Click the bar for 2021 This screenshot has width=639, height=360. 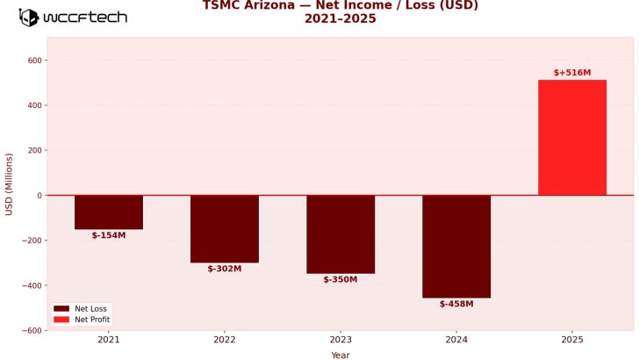(x=109, y=212)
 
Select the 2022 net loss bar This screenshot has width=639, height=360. (x=225, y=228)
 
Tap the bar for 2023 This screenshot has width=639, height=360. (x=341, y=234)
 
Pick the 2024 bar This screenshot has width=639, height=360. (x=456, y=246)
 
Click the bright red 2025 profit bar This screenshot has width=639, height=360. (x=572, y=137)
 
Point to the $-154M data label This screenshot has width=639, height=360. (x=109, y=235)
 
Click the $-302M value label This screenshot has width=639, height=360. (x=225, y=269)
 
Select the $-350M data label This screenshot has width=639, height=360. (x=341, y=279)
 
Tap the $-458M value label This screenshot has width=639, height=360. (x=456, y=304)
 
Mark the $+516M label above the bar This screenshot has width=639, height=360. (x=572, y=73)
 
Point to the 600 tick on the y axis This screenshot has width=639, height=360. (x=35, y=61)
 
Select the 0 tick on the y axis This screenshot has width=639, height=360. (x=39, y=195)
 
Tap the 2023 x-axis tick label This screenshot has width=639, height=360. (x=341, y=339)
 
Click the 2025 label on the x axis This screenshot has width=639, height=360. (x=572, y=339)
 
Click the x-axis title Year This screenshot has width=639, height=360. (x=341, y=355)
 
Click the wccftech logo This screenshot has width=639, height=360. (x=74, y=18)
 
